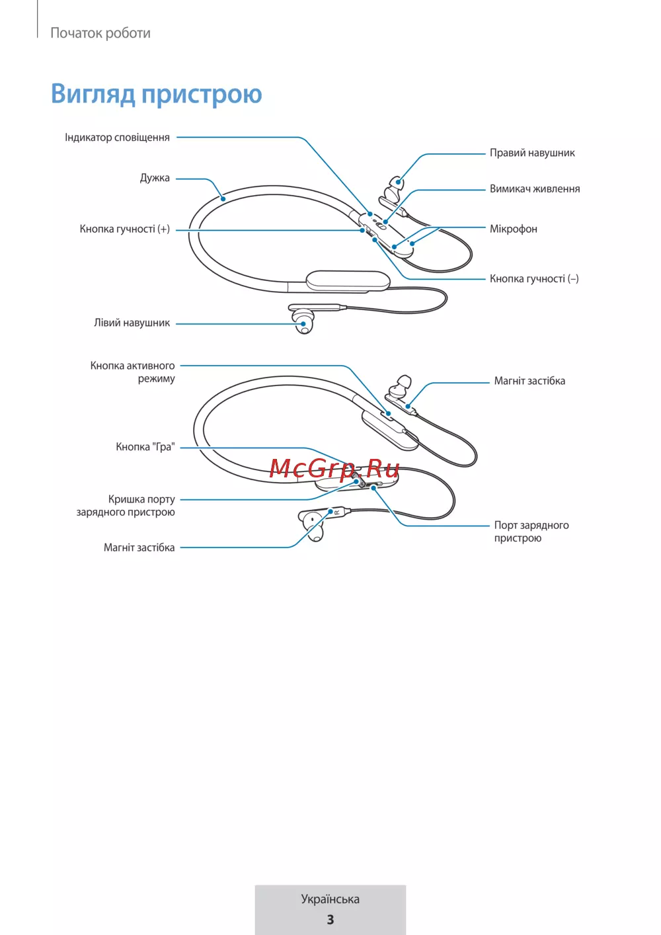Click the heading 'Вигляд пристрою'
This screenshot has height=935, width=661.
(x=157, y=94)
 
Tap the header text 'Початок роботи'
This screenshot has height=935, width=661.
(x=100, y=33)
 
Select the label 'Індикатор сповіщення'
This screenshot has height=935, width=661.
(x=117, y=138)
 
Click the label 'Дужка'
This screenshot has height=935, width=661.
(x=155, y=179)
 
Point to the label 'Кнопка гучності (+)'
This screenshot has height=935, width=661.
(x=125, y=229)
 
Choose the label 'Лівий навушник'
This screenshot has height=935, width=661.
(x=132, y=323)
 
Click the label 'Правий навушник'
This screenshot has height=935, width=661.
(x=532, y=153)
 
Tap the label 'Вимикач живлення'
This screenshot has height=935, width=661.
(x=535, y=188)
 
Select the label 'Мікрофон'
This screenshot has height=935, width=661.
(x=514, y=229)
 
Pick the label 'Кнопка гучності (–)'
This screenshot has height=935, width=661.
(x=534, y=278)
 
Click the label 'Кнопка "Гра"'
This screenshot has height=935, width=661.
(x=145, y=446)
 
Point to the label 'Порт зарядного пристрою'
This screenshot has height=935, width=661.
(x=531, y=532)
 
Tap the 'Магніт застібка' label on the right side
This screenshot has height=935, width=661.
(x=529, y=381)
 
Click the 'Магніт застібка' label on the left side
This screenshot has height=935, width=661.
(x=139, y=548)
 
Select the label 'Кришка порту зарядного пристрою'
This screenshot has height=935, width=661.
(x=126, y=505)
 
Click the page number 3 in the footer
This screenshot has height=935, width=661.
(x=330, y=920)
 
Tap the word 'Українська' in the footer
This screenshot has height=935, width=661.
(x=330, y=899)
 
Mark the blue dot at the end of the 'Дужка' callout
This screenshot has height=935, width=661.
(x=223, y=198)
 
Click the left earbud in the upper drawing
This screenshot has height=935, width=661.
(x=303, y=321)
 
